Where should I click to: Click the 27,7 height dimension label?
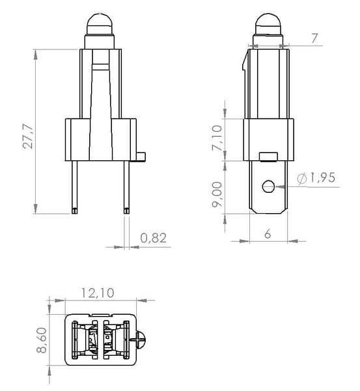coord(27,136)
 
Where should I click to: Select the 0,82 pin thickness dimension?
coord(153,238)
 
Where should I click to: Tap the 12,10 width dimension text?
coord(98,293)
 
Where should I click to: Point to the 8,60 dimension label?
coord(42,340)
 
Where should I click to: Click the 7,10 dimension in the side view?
coord(217,138)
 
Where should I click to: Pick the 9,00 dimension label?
coord(217,194)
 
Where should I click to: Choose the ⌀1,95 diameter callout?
coord(316,178)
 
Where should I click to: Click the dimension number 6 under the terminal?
coord(268,234)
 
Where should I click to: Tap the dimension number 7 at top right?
coord(315,38)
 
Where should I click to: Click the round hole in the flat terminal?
coord(268,186)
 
